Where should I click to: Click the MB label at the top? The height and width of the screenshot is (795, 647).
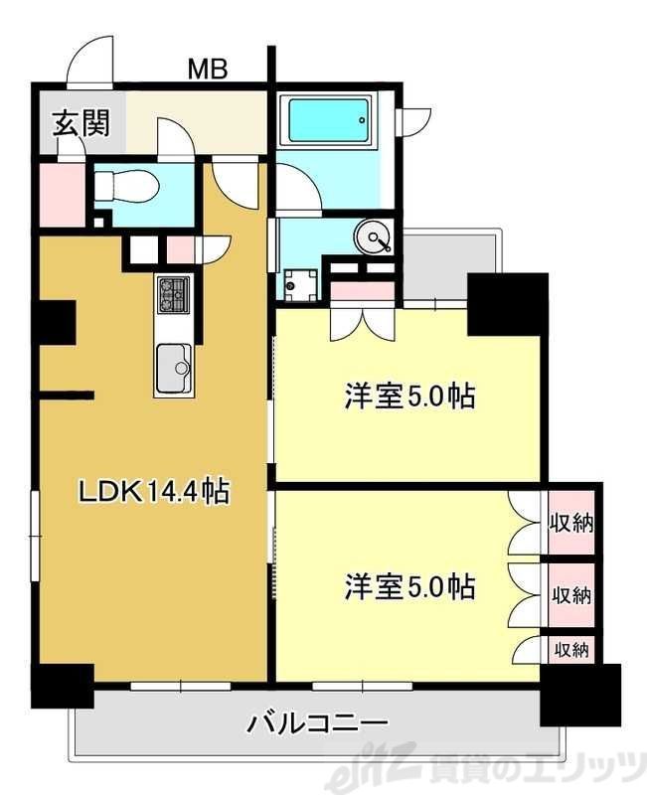(x=209, y=70)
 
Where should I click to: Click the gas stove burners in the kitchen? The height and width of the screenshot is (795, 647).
(x=174, y=293)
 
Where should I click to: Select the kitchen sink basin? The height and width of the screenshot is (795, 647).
(x=175, y=368)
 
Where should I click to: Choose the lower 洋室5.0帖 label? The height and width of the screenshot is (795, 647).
(x=408, y=586)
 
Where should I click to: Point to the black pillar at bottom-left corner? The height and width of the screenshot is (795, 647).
(x=62, y=687)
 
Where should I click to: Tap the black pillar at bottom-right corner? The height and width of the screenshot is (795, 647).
(x=580, y=695)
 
